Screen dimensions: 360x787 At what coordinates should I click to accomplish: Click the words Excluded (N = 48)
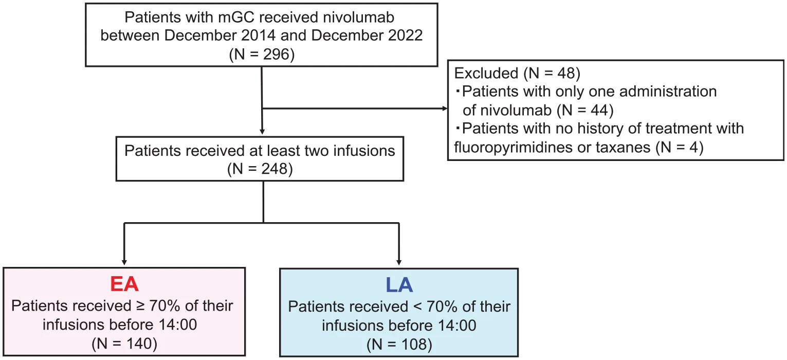click(x=517, y=74)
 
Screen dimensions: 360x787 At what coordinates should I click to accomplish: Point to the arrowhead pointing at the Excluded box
click(x=444, y=109)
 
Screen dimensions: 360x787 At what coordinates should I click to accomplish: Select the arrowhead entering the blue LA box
click(x=399, y=262)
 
